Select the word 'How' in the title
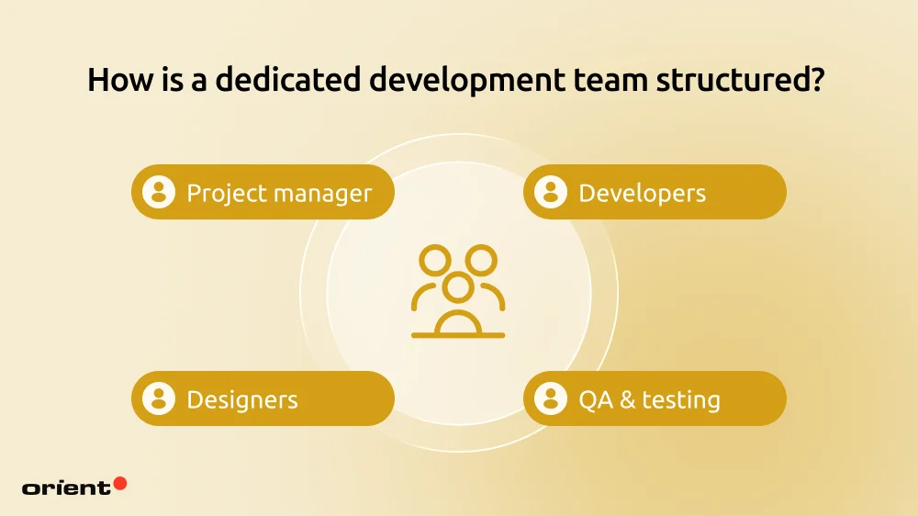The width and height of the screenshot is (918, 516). (116, 80)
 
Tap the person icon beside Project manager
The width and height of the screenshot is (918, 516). (159, 192)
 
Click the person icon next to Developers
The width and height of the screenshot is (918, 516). (551, 192)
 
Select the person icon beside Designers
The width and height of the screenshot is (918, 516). (159, 398)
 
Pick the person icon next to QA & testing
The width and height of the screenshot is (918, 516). (551, 398)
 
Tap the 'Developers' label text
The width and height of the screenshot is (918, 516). (642, 193)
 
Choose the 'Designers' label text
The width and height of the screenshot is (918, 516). (242, 400)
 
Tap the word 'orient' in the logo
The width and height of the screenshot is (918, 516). (66, 488)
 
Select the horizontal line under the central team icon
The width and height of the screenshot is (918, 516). (458, 335)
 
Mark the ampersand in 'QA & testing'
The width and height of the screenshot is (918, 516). (625, 400)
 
